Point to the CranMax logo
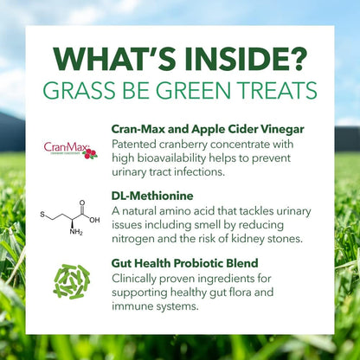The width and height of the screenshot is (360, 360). click(x=70, y=150)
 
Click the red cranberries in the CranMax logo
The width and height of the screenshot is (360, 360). click(x=90, y=153)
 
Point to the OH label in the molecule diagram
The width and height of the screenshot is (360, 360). click(x=93, y=220)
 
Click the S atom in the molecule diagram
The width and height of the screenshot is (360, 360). click(x=42, y=213)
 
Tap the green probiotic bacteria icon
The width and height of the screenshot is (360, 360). click(x=71, y=281)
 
